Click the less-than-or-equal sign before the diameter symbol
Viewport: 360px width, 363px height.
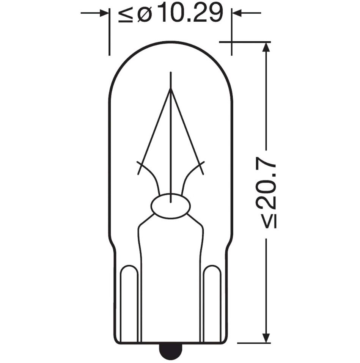tap(126, 14)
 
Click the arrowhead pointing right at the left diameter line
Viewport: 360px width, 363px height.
tap(104, 13)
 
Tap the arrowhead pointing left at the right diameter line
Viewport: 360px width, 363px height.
tap(237, 13)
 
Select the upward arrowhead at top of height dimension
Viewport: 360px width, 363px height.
tap(266, 47)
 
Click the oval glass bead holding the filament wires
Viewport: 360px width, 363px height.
tap(171, 206)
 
